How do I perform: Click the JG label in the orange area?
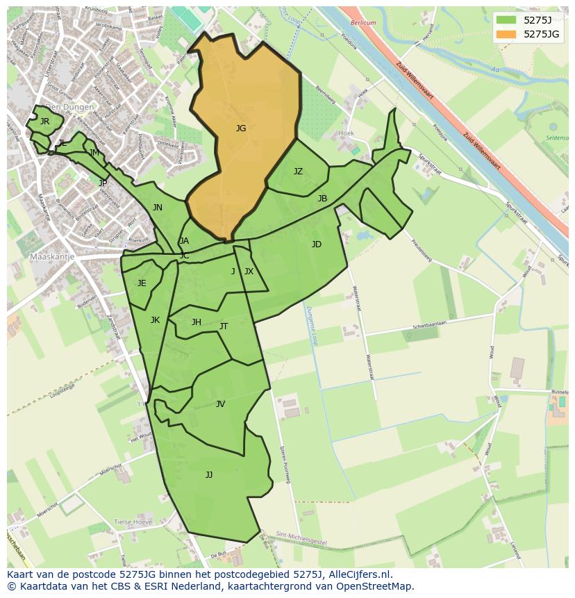pyautogui.click(x=241, y=128)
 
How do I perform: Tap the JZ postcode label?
pyautogui.click(x=298, y=172)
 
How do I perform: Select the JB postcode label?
pyautogui.click(x=322, y=199)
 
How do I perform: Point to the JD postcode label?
pyautogui.click(x=317, y=244)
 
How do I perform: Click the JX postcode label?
pyautogui.click(x=249, y=272)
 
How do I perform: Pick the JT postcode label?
pyautogui.click(x=224, y=326)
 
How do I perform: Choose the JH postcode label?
pyautogui.click(x=197, y=322)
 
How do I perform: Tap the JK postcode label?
pyautogui.click(x=155, y=320)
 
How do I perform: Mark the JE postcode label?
pyautogui.click(x=142, y=283)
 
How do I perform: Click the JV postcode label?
pyautogui.click(x=220, y=404)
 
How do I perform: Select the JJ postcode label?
pyautogui.click(x=209, y=475)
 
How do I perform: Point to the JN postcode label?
pyautogui.click(x=158, y=208)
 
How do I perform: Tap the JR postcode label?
pyautogui.click(x=44, y=122)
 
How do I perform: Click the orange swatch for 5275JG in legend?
pyautogui.click(x=506, y=33)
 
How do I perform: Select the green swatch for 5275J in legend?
pyautogui.click(x=506, y=19)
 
